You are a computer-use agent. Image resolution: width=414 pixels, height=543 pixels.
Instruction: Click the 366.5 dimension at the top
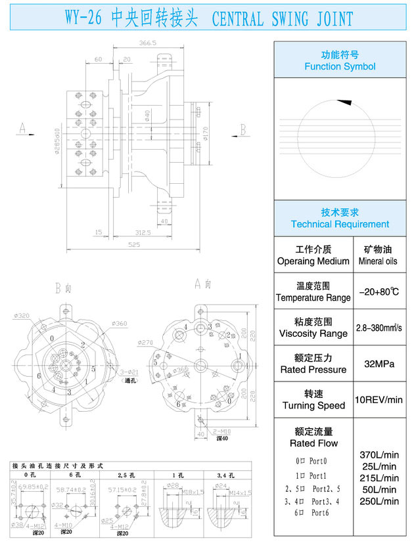click(147, 43)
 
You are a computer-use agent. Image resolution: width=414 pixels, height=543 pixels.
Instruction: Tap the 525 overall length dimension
click(134, 245)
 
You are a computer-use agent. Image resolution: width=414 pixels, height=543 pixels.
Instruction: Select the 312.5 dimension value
click(143, 232)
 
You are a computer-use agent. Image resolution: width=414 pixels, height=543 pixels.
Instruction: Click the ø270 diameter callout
click(146, 343)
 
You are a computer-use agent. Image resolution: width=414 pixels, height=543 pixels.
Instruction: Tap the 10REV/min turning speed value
click(378, 399)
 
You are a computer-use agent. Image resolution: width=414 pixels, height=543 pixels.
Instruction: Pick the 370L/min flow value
click(380, 454)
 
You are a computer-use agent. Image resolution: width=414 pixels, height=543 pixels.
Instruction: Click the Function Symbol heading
click(340, 66)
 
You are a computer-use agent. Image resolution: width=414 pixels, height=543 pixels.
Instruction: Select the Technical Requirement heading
click(340, 224)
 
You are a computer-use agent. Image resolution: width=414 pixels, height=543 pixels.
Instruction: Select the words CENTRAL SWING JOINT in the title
click(283, 20)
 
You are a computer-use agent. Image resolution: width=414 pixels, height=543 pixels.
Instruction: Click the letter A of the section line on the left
click(23, 129)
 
